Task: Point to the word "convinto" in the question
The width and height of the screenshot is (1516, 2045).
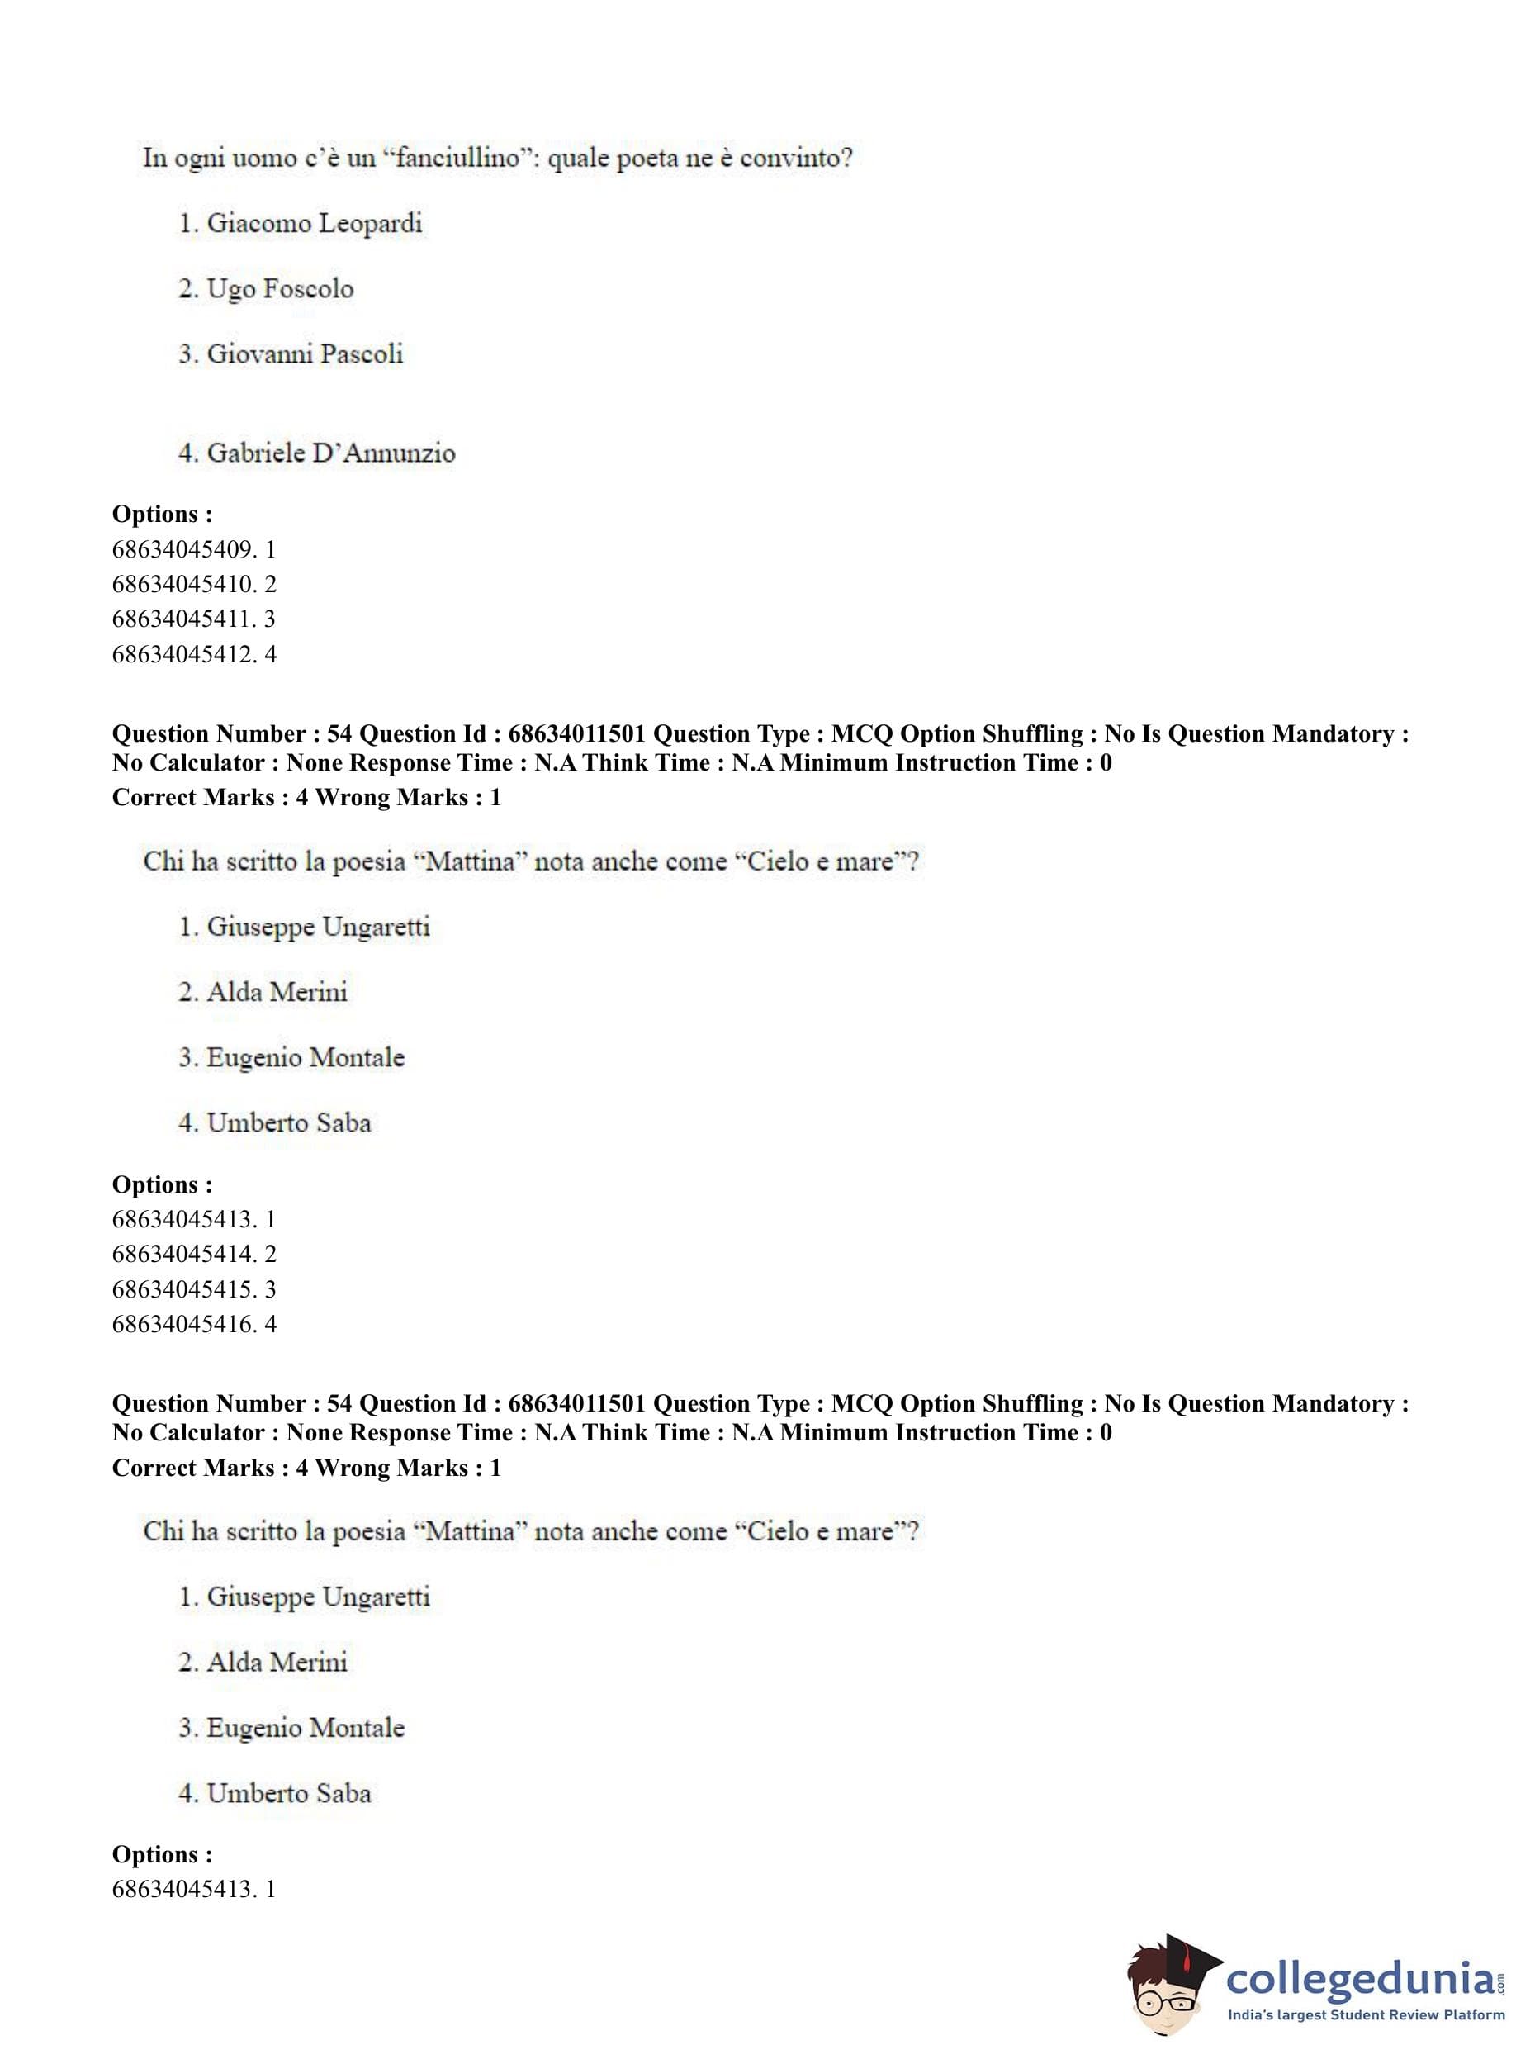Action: (796, 158)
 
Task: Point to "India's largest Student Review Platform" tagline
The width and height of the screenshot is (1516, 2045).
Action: (1367, 2015)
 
